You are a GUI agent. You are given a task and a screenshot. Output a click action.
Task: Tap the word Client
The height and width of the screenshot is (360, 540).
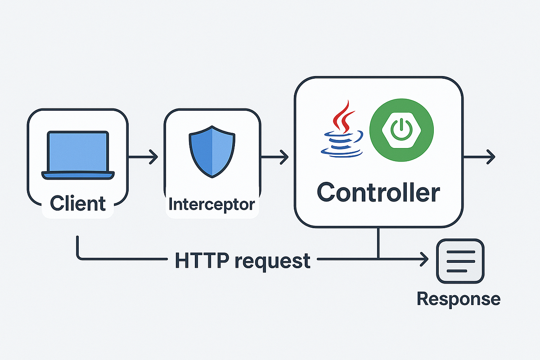pos(78,203)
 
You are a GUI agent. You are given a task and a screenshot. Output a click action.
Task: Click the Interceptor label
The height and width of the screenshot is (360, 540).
pos(211,204)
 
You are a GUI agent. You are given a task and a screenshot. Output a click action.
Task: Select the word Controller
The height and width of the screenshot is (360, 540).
pos(378,193)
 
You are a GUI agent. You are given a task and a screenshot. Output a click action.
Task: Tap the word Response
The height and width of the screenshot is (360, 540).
pos(458,299)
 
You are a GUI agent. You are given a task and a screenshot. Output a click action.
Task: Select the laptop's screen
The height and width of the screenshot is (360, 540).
pos(78,150)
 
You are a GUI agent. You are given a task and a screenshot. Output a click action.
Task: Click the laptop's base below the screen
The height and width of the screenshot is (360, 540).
pos(78,175)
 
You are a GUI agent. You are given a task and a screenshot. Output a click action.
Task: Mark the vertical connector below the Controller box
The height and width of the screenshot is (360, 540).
pos(378,243)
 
